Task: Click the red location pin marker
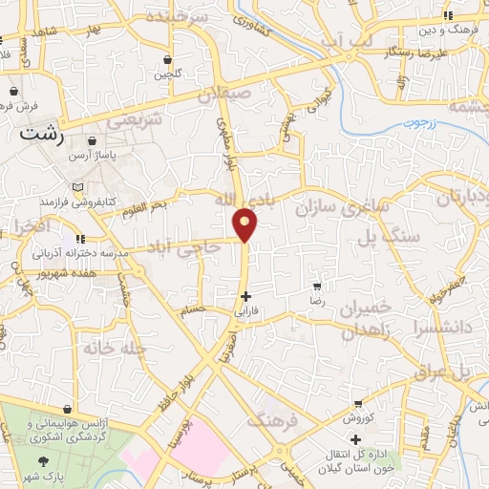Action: pos(246,224)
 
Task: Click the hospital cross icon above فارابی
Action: pos(246,296)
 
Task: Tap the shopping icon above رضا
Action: pos(318,286)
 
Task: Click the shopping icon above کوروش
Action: pos(357,404)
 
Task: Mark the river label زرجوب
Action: pos(417,121)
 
